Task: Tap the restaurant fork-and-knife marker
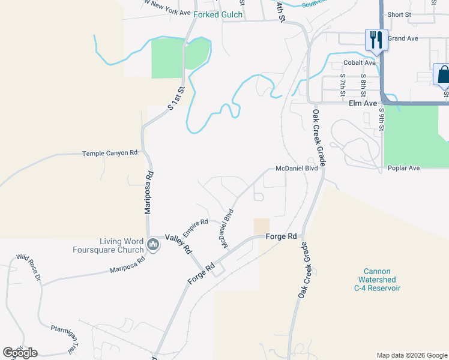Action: (376, 40)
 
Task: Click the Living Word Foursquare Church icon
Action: (152, 245)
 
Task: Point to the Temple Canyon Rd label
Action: (110, 153)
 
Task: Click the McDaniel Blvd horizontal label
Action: (296, 169)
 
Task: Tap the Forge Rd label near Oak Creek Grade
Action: (284, 236)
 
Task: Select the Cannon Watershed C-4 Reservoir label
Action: (376, 280)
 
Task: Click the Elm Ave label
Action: (363, 103)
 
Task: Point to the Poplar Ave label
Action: (403, 168)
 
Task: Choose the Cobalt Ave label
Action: (359, 62)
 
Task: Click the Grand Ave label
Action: (402, 38)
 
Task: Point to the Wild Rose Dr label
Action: (28, 268)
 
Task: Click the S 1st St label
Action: (174, 100)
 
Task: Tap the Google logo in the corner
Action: (20, 353)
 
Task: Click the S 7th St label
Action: (343, 85)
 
